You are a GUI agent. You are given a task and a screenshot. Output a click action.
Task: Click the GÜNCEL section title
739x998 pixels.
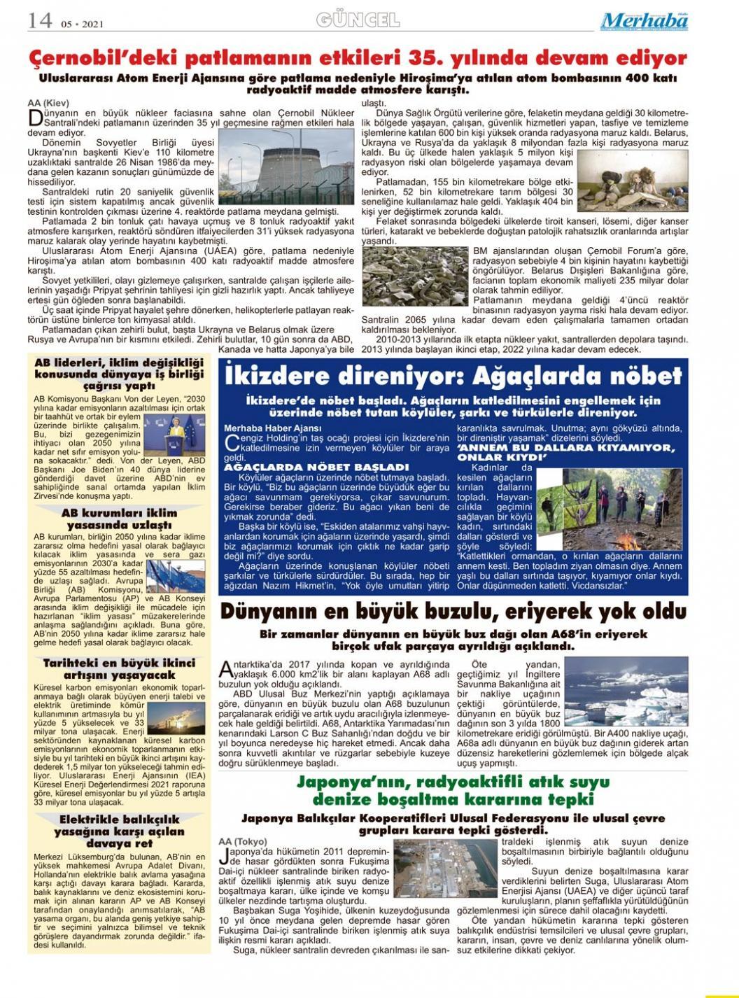pyautogui.click(x=358, y=20)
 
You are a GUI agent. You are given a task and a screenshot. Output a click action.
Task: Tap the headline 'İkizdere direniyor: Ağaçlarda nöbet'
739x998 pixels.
pyautogui.click(x=453, y=376)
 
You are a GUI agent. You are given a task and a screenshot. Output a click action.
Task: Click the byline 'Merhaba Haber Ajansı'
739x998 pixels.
pyautogui.click(x=272, y=428)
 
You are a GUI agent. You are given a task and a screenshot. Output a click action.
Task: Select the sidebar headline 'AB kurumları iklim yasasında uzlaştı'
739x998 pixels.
pyautogui.click(x=119, y=519)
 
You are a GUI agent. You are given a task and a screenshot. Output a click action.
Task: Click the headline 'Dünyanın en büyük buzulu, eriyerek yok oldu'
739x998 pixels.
pyautogui.click(x=453, y=612)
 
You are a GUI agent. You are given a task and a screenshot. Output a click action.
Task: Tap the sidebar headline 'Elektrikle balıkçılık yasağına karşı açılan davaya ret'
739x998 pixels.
pyautogui.click(x=119, y=831)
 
